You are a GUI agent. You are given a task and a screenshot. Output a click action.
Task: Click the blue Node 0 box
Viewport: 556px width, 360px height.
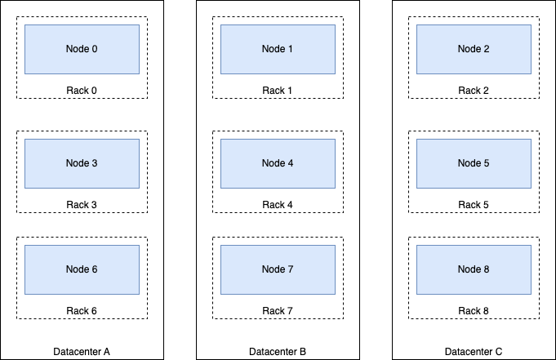point(82,49)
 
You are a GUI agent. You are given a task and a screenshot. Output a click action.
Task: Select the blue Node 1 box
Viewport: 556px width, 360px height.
point(278,49)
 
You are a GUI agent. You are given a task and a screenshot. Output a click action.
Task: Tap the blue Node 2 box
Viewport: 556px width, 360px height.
point(474,49)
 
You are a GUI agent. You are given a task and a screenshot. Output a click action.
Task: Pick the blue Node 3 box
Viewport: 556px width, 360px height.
point(82,163)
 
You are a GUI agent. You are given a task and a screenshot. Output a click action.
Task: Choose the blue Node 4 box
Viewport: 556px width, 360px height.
point(278,163)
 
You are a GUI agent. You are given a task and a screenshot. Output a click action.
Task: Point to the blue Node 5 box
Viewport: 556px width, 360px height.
point(474,163)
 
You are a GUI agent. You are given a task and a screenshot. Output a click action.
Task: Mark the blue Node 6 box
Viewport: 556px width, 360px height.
point(82,269)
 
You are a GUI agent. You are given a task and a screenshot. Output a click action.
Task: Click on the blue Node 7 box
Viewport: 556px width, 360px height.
point(278,269)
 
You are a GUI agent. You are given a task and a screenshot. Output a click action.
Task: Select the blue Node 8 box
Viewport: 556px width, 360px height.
point(474,269)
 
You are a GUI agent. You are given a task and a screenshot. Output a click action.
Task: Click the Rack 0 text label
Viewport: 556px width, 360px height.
point(82,90)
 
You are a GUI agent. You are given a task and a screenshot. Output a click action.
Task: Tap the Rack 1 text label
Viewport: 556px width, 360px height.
point(278,90)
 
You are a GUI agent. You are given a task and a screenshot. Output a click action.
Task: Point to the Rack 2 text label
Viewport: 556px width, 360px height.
point(474,90)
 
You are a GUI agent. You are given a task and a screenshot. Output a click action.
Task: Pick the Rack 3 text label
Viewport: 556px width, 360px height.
point(82,204)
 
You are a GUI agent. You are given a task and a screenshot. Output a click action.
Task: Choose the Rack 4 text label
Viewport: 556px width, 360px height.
point(278,204)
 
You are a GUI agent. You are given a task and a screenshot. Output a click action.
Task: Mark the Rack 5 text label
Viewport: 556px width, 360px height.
point(474,204)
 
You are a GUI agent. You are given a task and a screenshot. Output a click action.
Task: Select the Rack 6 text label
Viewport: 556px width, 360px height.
point(82,310)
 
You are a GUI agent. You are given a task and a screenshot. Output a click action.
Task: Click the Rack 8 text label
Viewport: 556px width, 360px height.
point(474,310)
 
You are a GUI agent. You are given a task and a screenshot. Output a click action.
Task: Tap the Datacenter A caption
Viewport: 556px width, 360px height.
point(82,352)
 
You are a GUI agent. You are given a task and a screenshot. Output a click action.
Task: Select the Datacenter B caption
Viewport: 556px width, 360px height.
point(278,352)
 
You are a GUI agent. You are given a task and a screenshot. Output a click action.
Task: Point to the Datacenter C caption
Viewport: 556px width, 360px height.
point(474,352)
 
